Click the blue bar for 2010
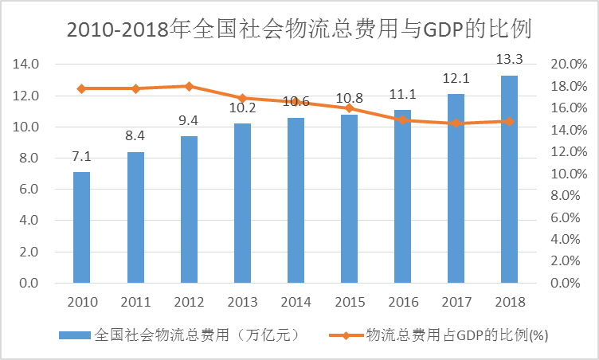pyautogui.click(x=81, y=227)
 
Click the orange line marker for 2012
pyautogui.click(x=189, y=86)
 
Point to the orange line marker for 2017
pyautogui.click(x=456, y=123)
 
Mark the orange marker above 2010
pyautogui.click(x=81, y=88)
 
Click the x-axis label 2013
pyautogui.click(x=242, y=303)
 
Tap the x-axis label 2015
pyautogui.click(x=349, y=303)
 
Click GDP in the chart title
pyautogui.click(x=443, y=30)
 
